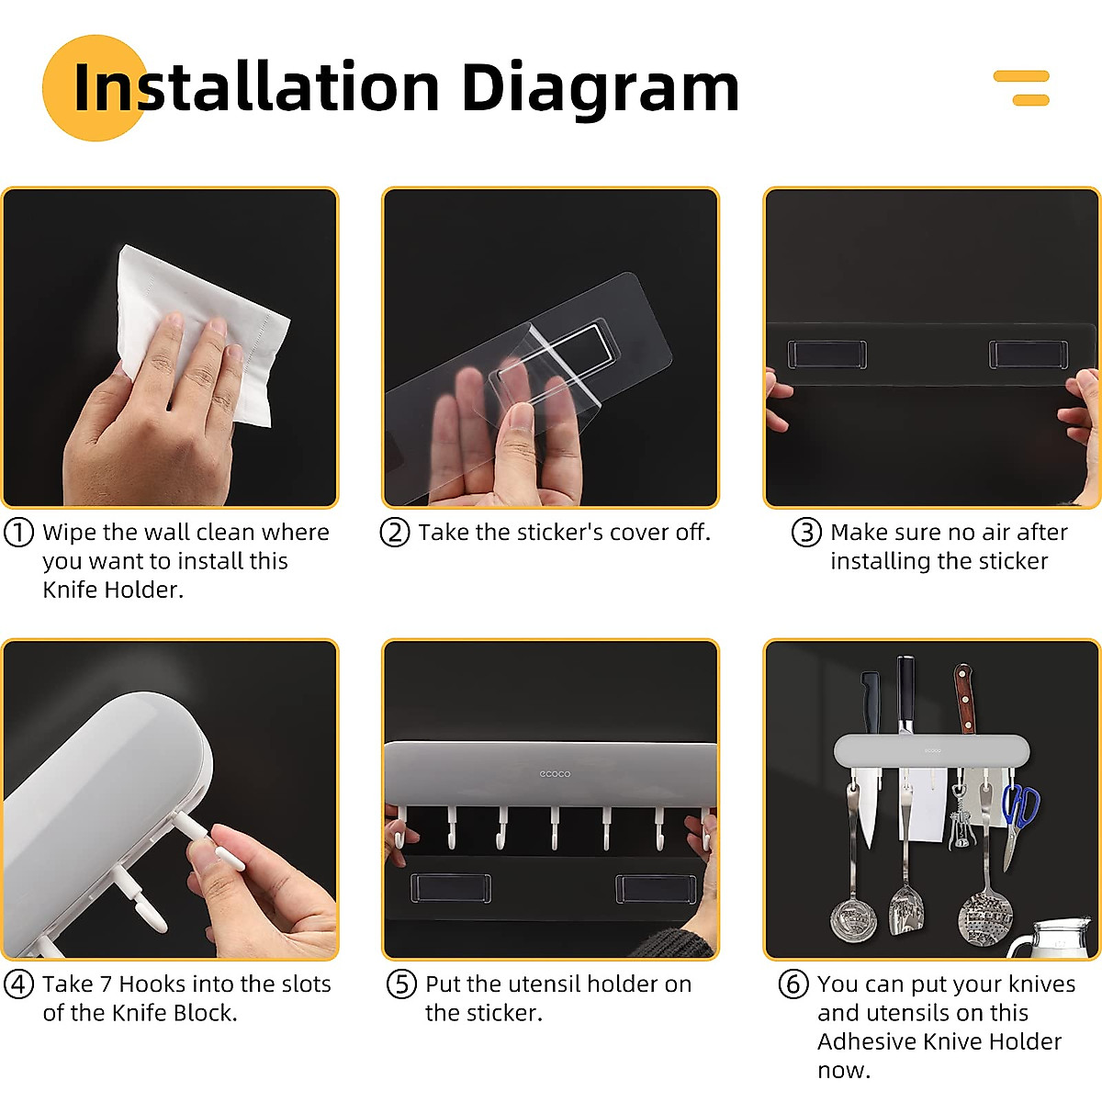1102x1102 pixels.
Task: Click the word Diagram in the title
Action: [x=601, y=89]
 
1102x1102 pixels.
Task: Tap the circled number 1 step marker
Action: [x=18, y=533]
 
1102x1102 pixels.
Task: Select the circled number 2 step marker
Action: [x=395, y=533]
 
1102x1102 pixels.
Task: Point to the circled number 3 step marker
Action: [x=806, y=533]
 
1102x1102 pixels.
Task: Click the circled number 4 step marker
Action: [x=18, y=984]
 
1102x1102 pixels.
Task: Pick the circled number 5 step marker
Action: [x=401, y=984]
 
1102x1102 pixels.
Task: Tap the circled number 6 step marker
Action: [x=793, y=984]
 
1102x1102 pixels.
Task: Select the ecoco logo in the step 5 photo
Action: [x=555, y=774]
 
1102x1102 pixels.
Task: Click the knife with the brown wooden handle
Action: [x=964, y=699]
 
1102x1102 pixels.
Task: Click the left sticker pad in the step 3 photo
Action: [x=826, y=354]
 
